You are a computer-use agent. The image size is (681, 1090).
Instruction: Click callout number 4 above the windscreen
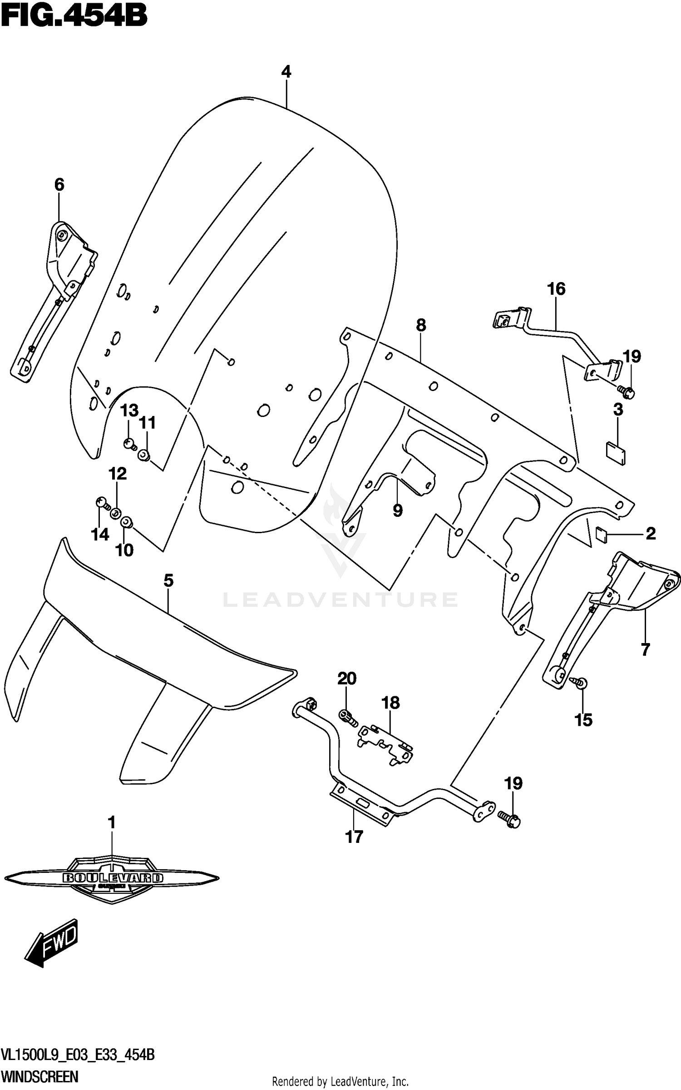point(286,72)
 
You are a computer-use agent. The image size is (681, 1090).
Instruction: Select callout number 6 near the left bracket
point(59,184)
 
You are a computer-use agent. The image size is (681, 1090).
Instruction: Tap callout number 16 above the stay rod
point(556,289)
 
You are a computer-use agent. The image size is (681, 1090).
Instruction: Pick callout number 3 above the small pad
point(618,410)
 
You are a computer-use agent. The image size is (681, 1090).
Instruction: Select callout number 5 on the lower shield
point(168,580)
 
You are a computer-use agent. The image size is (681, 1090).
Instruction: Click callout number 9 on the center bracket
point(398,510)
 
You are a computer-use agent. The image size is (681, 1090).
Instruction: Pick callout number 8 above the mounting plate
point(421,325)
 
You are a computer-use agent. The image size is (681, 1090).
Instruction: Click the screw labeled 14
point(103,502)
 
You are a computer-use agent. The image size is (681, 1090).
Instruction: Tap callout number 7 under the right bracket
point(645,649)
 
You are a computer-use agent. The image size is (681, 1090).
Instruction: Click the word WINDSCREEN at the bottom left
point(40,1077)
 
